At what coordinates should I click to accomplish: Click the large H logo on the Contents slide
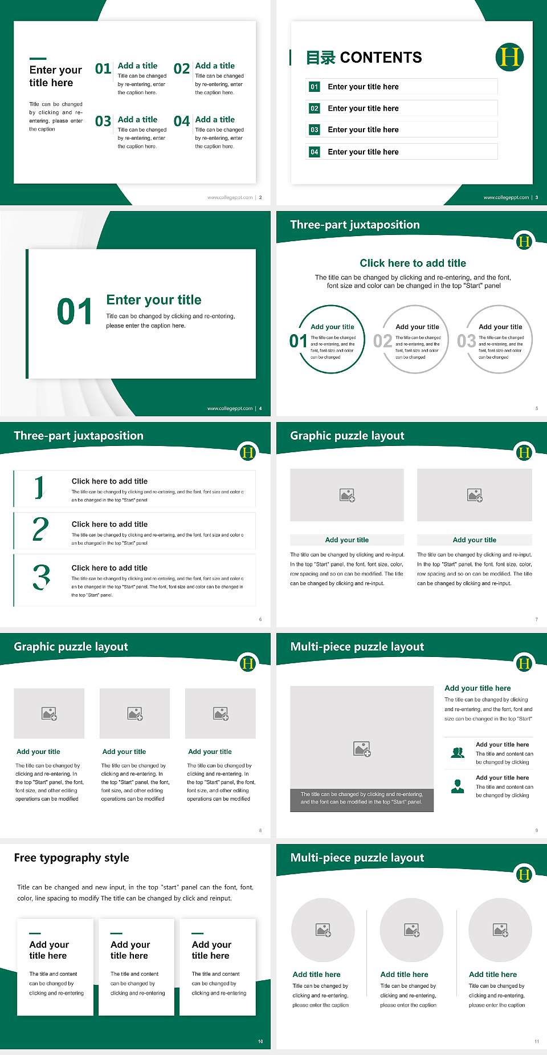(509, 57)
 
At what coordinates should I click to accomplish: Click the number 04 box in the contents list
(315, 152)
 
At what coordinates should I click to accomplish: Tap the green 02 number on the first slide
(182, 69)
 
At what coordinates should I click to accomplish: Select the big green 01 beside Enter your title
(75, 312)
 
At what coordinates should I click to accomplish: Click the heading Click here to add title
(413, 263)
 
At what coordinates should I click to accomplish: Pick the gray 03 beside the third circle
(466, 341)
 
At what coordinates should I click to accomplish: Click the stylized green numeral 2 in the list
(40, 529)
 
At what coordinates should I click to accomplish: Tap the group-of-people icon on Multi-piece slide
(458, 753)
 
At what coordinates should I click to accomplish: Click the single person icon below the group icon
(458, 786)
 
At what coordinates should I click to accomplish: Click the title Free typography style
(71, 858)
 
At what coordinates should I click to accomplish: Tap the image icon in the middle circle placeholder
(412, 930)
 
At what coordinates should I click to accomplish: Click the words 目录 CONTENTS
(364, 58)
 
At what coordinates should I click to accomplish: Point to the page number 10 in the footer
(260, 1041)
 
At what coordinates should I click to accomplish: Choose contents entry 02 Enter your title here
(363, 108)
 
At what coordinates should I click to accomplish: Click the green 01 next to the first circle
(298, 341)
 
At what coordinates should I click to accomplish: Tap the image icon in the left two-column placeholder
(347, 495)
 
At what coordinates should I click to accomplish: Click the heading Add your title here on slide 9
(477, 688)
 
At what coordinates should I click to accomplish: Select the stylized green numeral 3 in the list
(42, 577)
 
